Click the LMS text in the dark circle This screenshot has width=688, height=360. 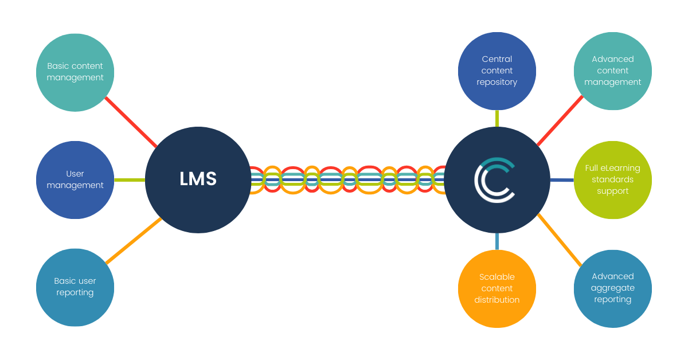click(198, 179)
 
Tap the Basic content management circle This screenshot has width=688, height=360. click(75, 72)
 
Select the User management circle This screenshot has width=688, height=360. click(75, 180)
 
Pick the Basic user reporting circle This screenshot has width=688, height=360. click(75, 287)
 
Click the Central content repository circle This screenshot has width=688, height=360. click(497, 71)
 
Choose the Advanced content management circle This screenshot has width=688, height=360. click(612, 71)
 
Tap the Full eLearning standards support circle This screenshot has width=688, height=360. click(612, 180)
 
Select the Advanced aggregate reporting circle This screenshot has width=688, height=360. click(612, 288)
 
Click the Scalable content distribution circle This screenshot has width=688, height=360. click(497, 288)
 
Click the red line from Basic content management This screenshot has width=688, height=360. click(131, 122)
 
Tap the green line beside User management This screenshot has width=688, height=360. click(130, 180)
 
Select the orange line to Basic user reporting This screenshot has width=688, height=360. click(133, 241)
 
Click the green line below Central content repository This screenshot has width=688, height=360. click(497, 118)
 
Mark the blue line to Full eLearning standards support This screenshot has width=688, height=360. click(562, 180)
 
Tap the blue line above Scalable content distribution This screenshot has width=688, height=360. click(497, 241)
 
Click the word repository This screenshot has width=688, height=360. click(497, 82)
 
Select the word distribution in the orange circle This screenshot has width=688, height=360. click(497, 300)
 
